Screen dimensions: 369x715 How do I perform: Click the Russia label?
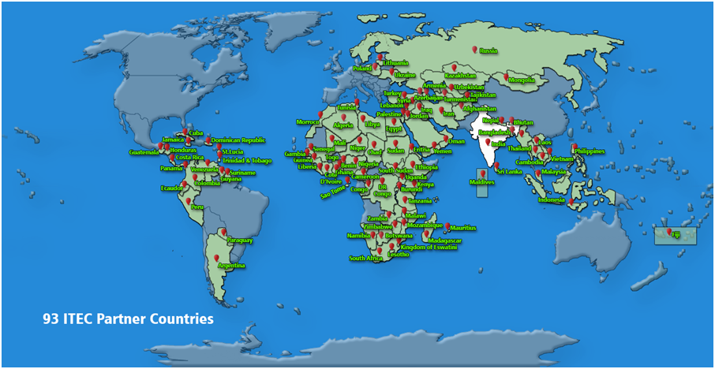(x=489, y=52)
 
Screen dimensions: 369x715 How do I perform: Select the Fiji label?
(x=676, y=234)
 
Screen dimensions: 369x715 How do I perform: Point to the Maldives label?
(x=481, y=183)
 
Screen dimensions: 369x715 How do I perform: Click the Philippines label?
(x=589, y=151)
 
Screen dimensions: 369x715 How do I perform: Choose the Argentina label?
(x=231, y=266)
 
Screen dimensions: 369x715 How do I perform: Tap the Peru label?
(x=197, y=207)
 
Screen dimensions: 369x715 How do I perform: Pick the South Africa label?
(x=365, y=259)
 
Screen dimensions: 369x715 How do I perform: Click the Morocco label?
(x=308, y=122)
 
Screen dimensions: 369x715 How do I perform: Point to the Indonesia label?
(x=552, y=200)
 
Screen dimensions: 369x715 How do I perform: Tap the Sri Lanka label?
(x=508, y=171)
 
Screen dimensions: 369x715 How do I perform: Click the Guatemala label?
(x=144, y=152)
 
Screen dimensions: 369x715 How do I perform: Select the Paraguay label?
(x=239, y=240)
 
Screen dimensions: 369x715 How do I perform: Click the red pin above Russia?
(x=474, y=50)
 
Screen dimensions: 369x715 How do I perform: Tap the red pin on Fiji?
(x=668, y=232)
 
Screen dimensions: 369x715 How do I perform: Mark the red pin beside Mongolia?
(x=506, y=76)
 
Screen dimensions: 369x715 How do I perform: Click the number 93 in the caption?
(x=51, y=320)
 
